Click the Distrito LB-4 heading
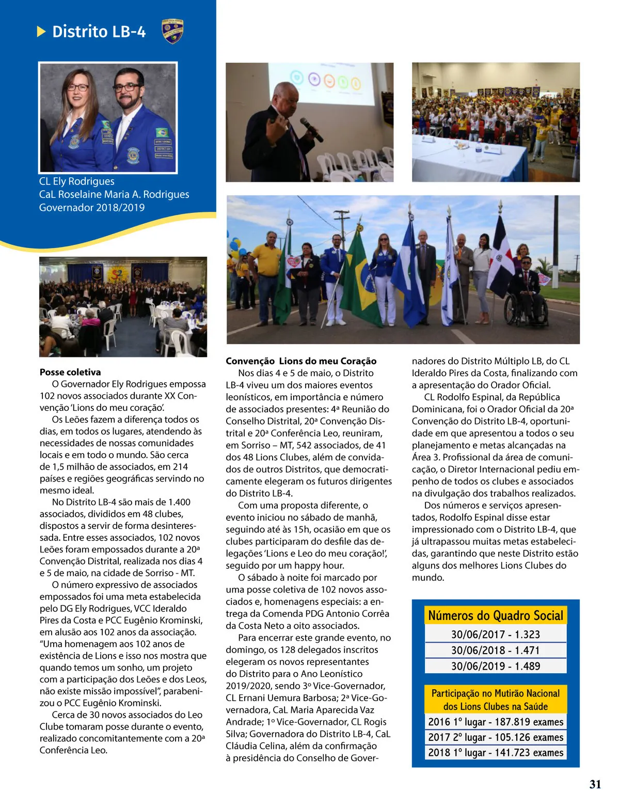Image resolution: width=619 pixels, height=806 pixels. coord(99,32)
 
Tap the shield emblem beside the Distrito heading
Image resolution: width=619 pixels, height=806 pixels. coord(172,32)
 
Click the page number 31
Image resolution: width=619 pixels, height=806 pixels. coord(595,784)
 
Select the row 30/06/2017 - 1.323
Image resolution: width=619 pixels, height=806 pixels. coord(495,634)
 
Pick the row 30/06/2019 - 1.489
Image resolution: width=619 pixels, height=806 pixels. coord(495,666)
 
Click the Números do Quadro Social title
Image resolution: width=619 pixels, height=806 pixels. coord(495,615)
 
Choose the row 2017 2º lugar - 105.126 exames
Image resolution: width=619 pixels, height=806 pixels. coord(495,737)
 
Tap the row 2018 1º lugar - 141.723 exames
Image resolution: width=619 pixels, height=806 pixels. coord(495,753)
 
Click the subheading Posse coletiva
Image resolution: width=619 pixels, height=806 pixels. coord(70,372)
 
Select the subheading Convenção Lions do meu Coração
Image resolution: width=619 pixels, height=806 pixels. coord(301,361)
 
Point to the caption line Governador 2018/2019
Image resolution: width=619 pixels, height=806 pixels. coord(92,207)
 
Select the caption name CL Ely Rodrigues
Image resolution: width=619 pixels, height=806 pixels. coord(77,181)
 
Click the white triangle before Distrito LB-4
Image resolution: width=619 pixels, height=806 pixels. coord(41,32)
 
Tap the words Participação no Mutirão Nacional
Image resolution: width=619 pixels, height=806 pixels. coord(495,693)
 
